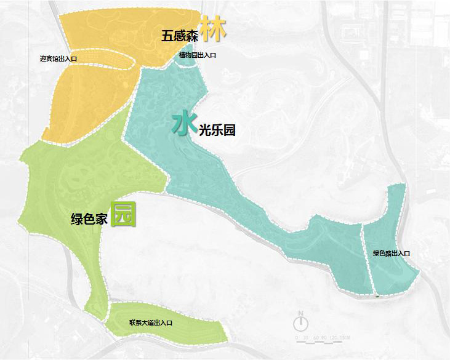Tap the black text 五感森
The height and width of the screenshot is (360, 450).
[x=179, y=36]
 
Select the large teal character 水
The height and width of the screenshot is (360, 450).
[x=184, y=124]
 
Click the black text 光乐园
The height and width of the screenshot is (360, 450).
[x=217, y=130]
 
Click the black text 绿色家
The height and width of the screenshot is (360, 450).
[x=89, y=219]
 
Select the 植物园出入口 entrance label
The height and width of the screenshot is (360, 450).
[x=197, y=55]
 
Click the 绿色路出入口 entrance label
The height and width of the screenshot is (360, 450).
[x=391, y=253]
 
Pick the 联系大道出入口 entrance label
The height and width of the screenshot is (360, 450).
[x=151, y=322]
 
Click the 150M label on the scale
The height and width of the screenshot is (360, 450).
[x=344, y=338]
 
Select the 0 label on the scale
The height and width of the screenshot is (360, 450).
[x=297, y=338]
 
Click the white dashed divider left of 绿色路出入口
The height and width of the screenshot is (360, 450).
[x=368, y=258]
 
